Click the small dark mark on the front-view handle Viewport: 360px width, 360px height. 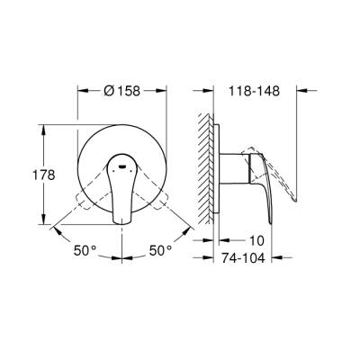(x=121, y=166)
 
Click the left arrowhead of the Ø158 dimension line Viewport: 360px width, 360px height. (x=79, y=90)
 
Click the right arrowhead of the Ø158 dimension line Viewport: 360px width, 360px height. (x=165, y=90)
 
